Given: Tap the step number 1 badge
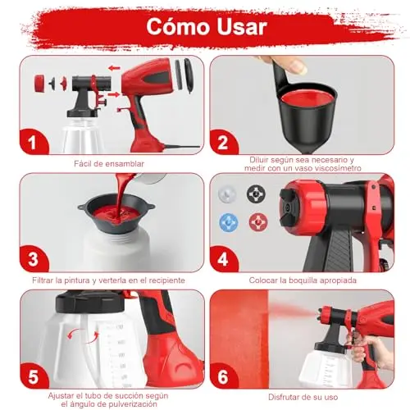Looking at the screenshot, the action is (33, 142).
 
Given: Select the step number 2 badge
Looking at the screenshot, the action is (223, 142).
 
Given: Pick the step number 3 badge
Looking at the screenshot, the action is (33, 259).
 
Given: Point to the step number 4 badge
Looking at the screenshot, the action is (223, 259).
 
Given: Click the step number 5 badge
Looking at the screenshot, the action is (34, 376).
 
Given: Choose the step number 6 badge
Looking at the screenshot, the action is (223, 376).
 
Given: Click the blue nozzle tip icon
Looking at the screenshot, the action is (229, 222).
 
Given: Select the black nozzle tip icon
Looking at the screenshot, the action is (256, 194).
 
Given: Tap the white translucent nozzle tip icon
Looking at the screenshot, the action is (227, 194).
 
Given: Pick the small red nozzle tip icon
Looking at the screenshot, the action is (258, 222).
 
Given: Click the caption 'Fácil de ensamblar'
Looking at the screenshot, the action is (109, 164).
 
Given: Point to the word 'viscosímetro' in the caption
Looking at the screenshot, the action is (338, 168).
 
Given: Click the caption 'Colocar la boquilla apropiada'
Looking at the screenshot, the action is (303, 280).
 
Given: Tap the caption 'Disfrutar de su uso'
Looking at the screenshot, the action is (303, 397).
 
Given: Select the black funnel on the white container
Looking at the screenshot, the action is (116, 213).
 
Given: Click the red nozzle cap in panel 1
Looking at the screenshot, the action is (39, 83).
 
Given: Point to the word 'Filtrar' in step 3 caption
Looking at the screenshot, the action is (43, 280).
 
